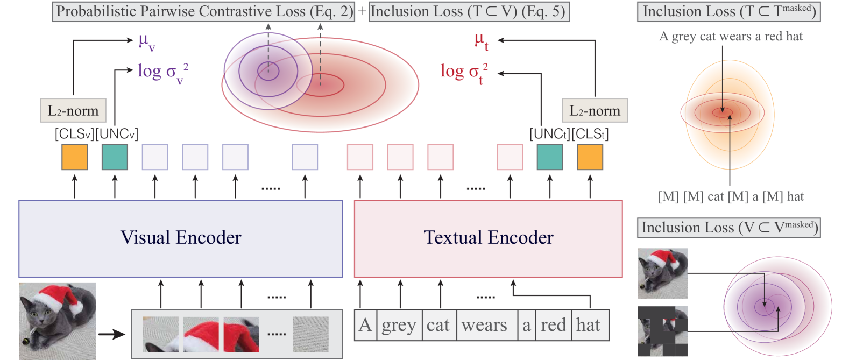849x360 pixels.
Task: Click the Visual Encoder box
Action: pyautogui.click(x=181, y=239)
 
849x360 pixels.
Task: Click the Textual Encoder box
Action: pyautogui.click(x=488, y=239)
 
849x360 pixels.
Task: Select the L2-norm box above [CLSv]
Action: pyautogui.click(x=73, y=111)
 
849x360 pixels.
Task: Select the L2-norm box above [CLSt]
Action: pyautogui.click(x=595, y=111)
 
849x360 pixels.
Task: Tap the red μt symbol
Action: pyautogui.click(x=481, y=41)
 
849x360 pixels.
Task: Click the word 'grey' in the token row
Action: pyautogui.click(x=399, y=325)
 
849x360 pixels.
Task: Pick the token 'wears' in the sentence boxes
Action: pyautogui.click(x=484, y=325)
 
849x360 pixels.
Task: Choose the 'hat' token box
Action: pyautogui.click(x=589, y=325)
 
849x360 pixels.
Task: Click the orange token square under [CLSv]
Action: pyautogui.click(x=75, y=157)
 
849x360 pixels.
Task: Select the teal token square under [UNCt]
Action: pyautogui.click(x=550, y=157)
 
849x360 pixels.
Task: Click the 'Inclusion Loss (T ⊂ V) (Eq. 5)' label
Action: pyautogui.click(x=468, y=12)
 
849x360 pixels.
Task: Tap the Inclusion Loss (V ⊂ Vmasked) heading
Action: pyautogui.click(x=729, y=228)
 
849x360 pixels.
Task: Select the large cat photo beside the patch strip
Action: pyautogui.click(x=58, y=321)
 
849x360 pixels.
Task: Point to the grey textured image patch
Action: pyautogui.click(x=310, y=334)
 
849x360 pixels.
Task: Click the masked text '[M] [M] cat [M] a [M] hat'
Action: pyautogui.click(x=731, y=197)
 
